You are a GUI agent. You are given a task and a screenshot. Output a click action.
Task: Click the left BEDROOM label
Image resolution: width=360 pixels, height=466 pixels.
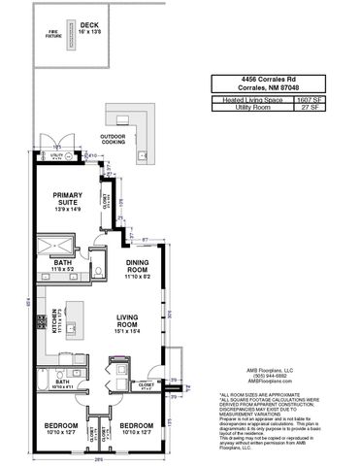click(x=61, y=428)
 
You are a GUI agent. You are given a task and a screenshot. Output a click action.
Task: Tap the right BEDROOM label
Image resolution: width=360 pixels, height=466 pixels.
click(x=136, y=428)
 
